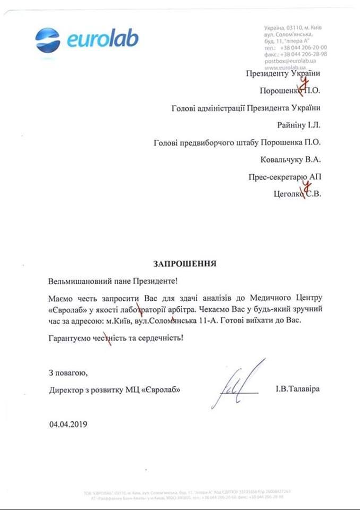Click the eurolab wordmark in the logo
pyautogui.click(x=102, y=39)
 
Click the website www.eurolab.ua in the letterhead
pyautogui.click(x=284, y=68)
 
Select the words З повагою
pyautogui.click(x=66, y=372)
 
